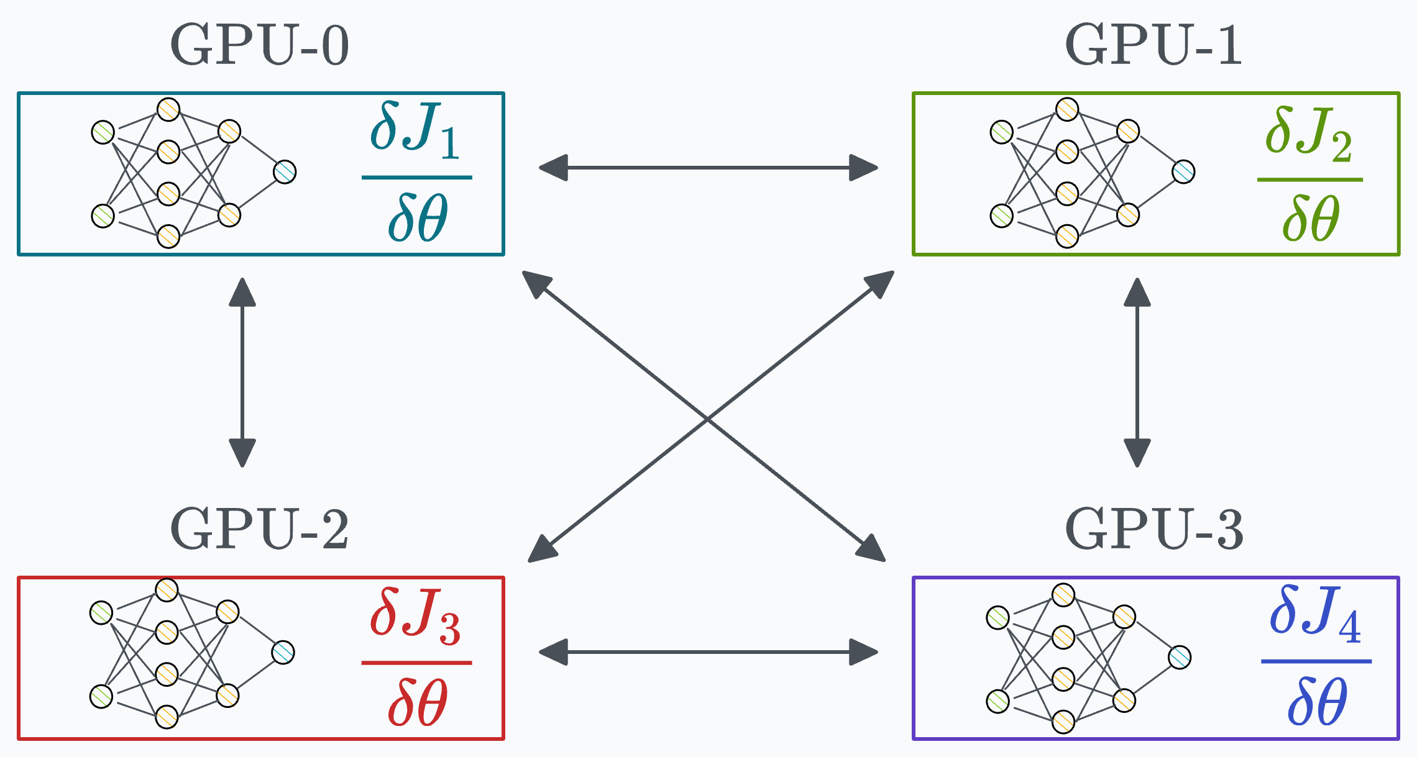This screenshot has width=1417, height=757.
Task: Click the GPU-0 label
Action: click(x=259, y=45)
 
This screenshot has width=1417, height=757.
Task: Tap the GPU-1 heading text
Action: click(x=1153, y=45)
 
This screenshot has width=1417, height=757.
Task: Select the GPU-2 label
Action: click(x=259, y=528)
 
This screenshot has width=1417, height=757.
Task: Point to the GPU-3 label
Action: click(x=1153, y=528)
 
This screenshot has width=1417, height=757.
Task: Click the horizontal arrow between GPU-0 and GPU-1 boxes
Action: click(x=708, y=168)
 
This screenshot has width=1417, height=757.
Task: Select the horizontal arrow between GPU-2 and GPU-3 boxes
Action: click(x=708, y=652)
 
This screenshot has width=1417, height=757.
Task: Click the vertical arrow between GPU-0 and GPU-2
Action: click(x=242, y=373)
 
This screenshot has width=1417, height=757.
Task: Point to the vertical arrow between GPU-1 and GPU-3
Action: click(x=1137, y=373)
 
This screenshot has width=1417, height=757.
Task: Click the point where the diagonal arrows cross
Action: click(x=707, y=419)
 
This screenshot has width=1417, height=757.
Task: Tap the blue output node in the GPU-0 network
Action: click(x=285, y=172)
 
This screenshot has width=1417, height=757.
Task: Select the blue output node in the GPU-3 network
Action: click(x=1180, y=658)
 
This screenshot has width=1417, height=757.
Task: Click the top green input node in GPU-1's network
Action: click(x=1001, y=132)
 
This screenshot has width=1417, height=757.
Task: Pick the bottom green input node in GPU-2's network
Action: click(x=101, y=696)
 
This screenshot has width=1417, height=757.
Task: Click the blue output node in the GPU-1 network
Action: click(x=1183, y=171)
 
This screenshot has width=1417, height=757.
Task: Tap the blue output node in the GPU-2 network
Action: click(x=283, y=652)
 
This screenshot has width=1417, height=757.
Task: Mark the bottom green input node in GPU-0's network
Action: click(x=103, y=216)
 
